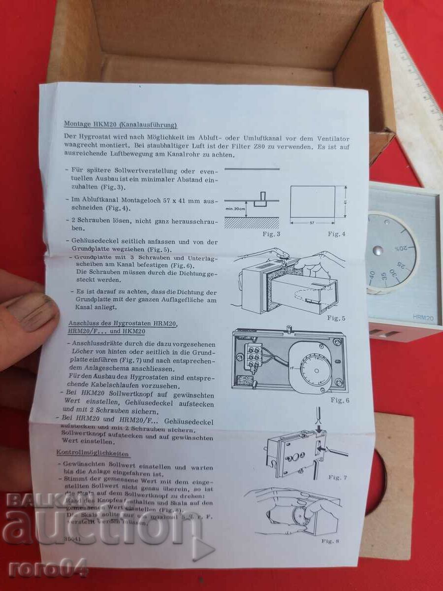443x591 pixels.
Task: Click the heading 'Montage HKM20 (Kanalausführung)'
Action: [120, 124]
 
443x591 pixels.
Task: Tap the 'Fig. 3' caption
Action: [271, 233]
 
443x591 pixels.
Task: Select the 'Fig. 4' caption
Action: [337, 233]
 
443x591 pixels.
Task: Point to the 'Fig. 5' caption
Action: [336, 318]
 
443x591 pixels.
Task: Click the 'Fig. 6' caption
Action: [340, 400]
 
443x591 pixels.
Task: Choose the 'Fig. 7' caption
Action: [338, 477]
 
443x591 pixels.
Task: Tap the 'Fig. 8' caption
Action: [331, 541]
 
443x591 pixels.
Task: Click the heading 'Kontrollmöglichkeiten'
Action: [93, 453]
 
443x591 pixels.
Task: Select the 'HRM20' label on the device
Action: [422, 319]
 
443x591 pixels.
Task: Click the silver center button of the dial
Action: [378, 251]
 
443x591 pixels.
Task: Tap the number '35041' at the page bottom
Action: [73, 538]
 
